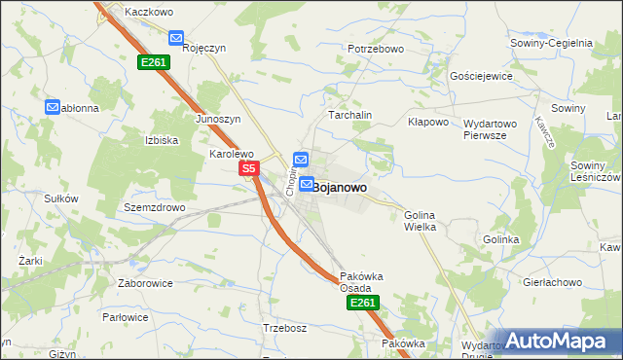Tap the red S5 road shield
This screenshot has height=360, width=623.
click(249, 169)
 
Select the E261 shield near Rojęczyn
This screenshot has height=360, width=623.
click(154, 62)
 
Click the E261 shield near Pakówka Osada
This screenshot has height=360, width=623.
click(361, 304)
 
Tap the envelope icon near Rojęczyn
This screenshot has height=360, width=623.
click(176, 38)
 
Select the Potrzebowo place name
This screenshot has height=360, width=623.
click(375, 48)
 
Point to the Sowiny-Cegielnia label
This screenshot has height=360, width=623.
click(551, 43)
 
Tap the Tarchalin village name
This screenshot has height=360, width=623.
click(350, 115)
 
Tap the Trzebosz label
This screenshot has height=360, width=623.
click(285, 328)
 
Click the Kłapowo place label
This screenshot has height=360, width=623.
click(428, 123)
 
